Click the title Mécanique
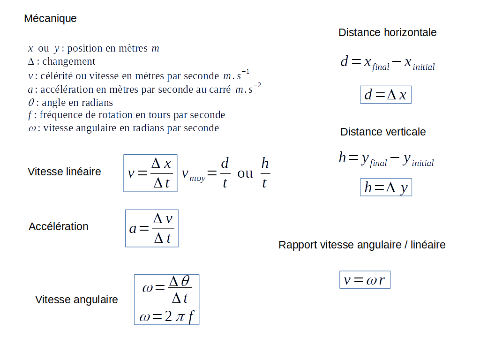click(50, 19)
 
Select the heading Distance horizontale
click(387, 32)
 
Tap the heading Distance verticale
click(383, 132)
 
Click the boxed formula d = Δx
click(385, 95)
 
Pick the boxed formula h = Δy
click(386, 187)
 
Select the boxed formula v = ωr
click(365, 280)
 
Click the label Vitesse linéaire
click(64, 172)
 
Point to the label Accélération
click(58, 226)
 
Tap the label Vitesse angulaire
click(76, 300)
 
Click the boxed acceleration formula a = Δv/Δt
click(152, 228)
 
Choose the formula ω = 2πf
click(166, 317)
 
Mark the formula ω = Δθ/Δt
click(166, 289)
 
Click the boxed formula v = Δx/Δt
click(150, 173)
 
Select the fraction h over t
click(265, 173)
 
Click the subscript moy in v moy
click(197, 179)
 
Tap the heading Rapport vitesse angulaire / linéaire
click(362, 245)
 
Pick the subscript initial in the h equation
click(423, 163)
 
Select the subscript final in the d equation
click(381, 67)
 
